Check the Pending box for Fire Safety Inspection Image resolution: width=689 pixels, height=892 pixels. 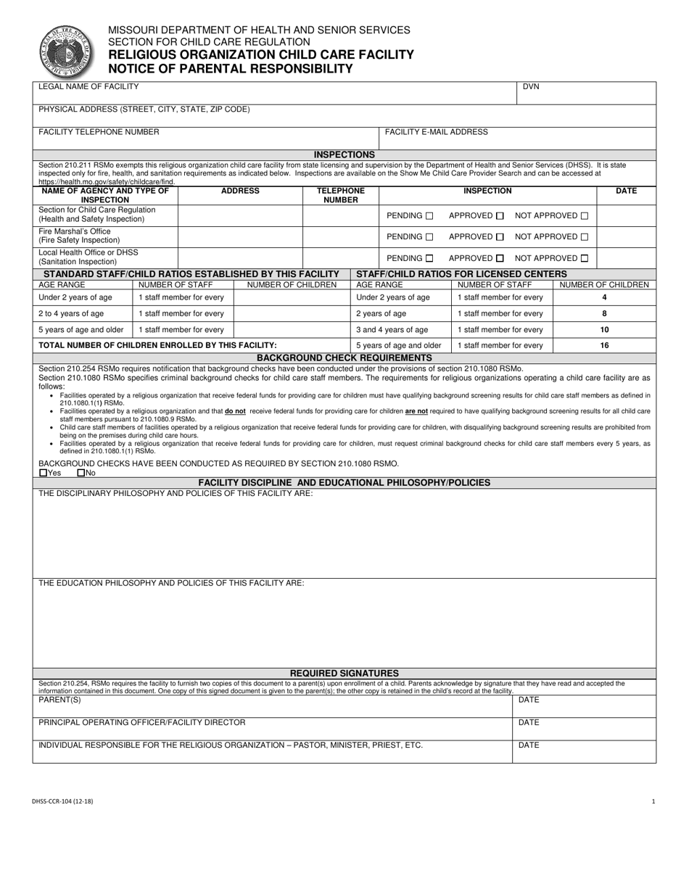click(x=429, y=237)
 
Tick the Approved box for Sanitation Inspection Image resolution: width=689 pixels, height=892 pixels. click(x=500, y=258)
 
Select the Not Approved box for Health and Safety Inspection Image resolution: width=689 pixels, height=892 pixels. click(x=585, y=216)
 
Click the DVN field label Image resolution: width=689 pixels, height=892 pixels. click(x=531, y=87)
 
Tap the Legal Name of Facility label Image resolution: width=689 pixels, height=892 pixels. click(x=88, y=87)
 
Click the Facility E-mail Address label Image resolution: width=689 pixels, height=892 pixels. click(x=436, y=132)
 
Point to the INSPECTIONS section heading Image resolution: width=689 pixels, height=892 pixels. click(x=344, y=154)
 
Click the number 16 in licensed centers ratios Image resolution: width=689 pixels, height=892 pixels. click(x=604, y=346)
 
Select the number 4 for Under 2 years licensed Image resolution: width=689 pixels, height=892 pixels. click(x=604, y=297)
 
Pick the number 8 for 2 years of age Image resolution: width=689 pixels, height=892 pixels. click(x=604, y=314)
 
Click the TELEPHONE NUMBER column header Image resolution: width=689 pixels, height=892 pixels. click(x=340, y=195)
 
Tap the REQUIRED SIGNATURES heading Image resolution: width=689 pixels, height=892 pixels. click(x=344, y=673)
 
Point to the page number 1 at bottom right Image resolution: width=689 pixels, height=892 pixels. click(x=653, y=801)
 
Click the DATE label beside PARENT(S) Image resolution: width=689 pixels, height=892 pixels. click(x=529, y=701)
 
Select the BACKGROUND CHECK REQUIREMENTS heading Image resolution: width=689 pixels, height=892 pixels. click(x=344, y=358)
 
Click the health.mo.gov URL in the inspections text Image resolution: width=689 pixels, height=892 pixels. click(x=107, y=182)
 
